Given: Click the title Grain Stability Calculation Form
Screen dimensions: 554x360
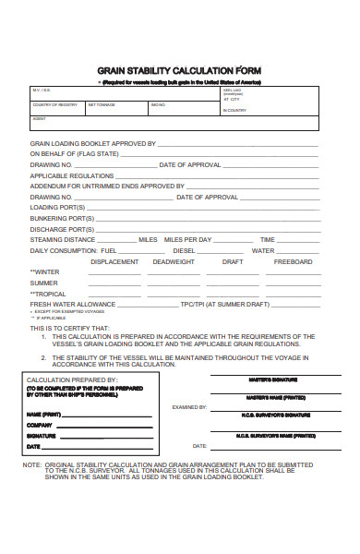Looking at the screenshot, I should pos(179,69).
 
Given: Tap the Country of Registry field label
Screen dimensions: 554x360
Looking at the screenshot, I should pos(55,105).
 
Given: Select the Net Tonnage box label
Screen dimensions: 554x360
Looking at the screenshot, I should pos(102,105).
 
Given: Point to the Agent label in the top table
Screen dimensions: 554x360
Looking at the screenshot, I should pos(39,119).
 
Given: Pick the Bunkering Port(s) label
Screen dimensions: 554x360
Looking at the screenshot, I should pos(63,218).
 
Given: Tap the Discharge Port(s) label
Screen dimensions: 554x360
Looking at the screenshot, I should pos(62,229).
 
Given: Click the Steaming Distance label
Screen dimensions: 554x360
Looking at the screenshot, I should pos(63,240).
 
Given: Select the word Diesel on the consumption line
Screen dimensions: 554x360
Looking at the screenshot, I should pos(184,250).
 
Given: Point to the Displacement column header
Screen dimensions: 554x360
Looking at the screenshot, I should pos(114,261).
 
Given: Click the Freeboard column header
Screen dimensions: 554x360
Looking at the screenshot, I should pos(293,261).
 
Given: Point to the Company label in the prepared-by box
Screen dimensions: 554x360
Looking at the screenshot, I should pos(40,424).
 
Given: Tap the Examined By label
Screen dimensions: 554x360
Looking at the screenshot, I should pos(189,406).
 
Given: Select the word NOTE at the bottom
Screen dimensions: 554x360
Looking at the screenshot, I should pos(31,465).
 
